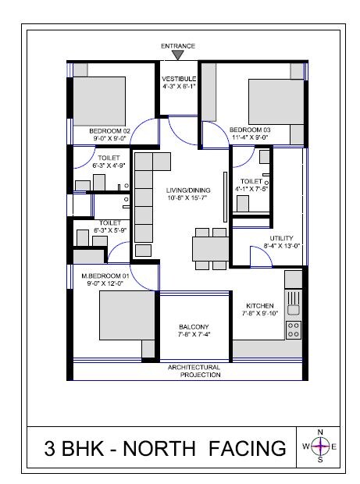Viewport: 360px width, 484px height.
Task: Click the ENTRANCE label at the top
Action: pos(178,47)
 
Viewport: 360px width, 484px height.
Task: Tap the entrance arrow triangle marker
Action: pos(178,56)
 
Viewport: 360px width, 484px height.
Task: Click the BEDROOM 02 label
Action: pos(109,130)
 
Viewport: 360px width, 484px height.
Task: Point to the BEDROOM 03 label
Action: pos(250,130)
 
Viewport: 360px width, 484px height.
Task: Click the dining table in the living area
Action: pos(209,248)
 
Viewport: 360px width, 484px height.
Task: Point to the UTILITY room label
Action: pos(281,238)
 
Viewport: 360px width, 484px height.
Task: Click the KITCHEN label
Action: pos(259,305)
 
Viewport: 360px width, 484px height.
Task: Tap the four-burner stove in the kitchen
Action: pos(294,329)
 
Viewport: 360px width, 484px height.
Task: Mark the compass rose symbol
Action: pos(320,447)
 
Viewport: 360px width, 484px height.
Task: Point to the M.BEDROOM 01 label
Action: pos(106,276)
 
